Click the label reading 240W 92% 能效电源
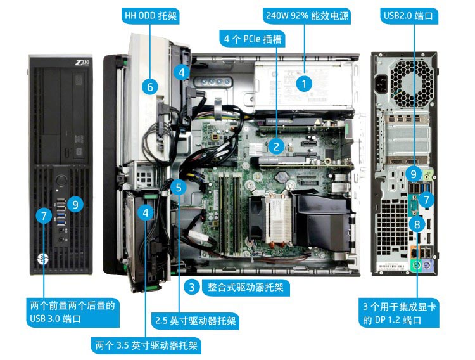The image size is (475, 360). pos(307,15)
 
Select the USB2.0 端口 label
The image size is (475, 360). pos(410,15)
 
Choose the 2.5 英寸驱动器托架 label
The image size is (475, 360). pos(196,321)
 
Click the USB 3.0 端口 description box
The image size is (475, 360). pos(73,312)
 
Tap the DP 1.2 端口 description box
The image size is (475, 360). pos(400,313)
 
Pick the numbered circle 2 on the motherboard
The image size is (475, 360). pos(275,146)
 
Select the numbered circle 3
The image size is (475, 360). pos(191,287)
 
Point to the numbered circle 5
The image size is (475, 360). pos(179,188)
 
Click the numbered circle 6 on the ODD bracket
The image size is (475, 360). pos(150,87)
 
